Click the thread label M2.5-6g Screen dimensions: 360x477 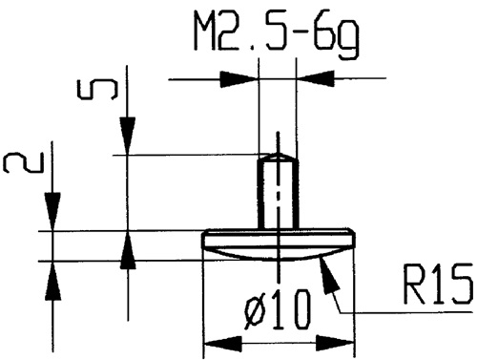pos(278,38)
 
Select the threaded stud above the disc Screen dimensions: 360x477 pos(277,192)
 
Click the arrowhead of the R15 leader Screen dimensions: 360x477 pos(329,274)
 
